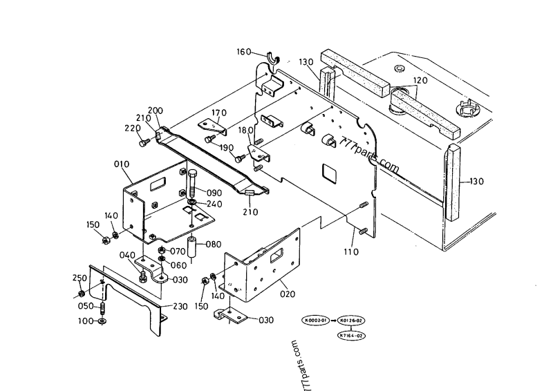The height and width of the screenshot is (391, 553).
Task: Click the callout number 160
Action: (244, 52)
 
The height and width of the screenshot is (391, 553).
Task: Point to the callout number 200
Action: (156, 111)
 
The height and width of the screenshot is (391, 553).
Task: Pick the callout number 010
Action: (122, 164)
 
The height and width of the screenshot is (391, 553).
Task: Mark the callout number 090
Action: (214, 192)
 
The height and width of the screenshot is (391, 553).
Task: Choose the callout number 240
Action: (214, 204)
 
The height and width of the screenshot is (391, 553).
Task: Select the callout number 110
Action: (352, 252)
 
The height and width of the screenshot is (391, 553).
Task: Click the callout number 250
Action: (80, 277)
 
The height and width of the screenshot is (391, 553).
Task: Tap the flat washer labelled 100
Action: (103, 322)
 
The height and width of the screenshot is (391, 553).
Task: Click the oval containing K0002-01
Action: (317, 321)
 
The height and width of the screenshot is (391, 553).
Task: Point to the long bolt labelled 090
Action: (191, 181)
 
